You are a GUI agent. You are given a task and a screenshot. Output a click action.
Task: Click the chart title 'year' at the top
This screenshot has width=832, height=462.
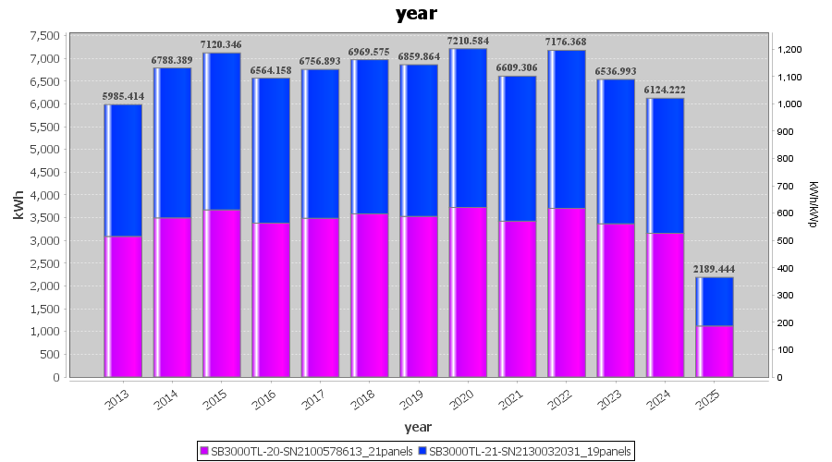tap(416, 14)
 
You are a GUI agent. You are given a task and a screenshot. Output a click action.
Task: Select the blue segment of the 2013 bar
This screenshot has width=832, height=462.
tap(123, 170)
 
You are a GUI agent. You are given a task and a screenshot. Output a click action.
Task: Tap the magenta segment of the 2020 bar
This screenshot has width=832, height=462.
tap(468, 292)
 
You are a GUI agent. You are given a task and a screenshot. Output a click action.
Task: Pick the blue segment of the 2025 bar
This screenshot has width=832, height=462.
tap(715, 301)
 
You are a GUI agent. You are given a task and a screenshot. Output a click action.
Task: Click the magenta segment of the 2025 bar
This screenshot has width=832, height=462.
tap(715, 351)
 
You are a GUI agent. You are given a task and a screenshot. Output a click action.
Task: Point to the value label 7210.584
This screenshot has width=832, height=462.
tap(468, 42)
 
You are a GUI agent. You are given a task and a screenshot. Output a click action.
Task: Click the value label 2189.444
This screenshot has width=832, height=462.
tap(715, 269)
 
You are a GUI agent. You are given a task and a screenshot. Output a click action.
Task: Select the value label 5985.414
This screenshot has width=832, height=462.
tap(123, 96)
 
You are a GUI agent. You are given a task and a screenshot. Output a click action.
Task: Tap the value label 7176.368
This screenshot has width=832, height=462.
tap(567, 42)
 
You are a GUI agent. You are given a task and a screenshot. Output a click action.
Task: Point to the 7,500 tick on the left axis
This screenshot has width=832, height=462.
tap(45, 36)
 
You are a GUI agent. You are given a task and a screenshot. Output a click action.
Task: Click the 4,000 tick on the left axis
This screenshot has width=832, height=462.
tap(45, 195)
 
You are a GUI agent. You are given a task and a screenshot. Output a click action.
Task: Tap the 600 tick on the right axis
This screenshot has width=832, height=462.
tap(784, 213)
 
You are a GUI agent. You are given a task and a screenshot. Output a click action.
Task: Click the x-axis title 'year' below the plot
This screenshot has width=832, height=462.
tap(418, 427)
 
